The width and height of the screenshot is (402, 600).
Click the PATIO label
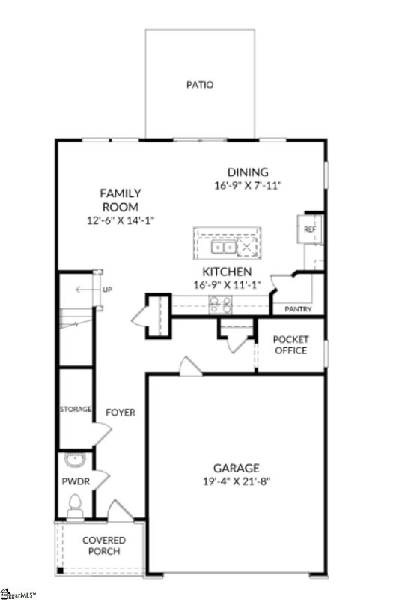coord(199,85)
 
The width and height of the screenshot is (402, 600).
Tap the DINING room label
coord(247,172)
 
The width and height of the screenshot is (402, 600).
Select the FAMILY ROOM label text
coord(121,199)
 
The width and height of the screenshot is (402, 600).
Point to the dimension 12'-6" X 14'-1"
coord(121,220)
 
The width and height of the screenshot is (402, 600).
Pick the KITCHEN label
coord(226,271)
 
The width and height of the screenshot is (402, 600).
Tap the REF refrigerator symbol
coord(309,229)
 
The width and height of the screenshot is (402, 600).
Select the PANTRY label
coord(298,309)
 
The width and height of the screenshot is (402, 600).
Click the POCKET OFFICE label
coord(290,344)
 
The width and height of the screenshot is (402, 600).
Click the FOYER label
coord(120,412)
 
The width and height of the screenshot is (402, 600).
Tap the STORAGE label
coord(76,409)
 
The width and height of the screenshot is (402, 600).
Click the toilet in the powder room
coord(74,508)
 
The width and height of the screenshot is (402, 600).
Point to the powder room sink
coord(75,460)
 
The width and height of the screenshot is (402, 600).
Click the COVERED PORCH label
coord(104,546)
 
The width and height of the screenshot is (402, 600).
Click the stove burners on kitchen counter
coord(220,304)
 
